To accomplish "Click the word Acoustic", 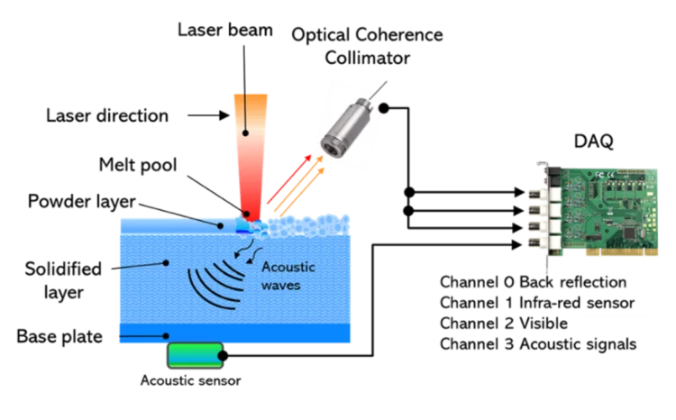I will [x=288, y=267].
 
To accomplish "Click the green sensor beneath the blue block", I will [x=193, y=356].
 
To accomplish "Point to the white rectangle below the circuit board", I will [x=614, y=324].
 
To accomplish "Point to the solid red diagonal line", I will [x=287, y=186].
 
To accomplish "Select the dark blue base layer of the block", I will [x=234, y=333].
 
